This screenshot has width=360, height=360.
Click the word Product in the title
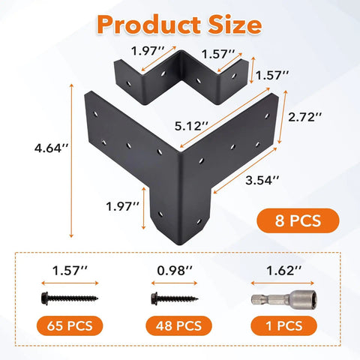[148, 25]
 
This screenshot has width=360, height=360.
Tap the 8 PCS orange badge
[298, 220]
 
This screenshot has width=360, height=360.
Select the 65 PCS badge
[70, 325]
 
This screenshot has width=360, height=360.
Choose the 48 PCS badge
[178, 325]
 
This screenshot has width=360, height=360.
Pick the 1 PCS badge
[283, 325]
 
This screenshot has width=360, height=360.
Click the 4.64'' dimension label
[51, 148]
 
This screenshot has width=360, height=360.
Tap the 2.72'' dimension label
[305, 117]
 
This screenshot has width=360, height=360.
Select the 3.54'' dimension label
[262, 180]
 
